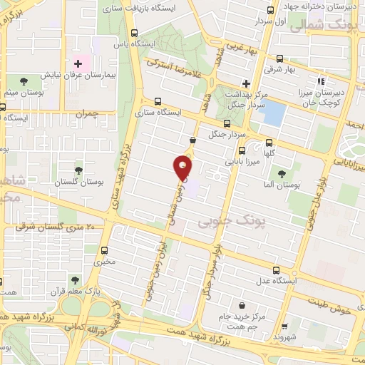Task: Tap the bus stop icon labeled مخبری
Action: pyautogui.click(x=105, y=250)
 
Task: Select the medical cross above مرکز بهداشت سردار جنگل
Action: pyautogui.click(x=246, y=83)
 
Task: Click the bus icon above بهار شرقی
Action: pyautogui.click(x=279, y=58)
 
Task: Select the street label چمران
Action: pyautogui.click(x=85, y=113)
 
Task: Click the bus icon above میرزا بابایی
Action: pyautogui.click(x=242, y=150)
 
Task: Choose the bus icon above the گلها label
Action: pyautogui.click(x=269, y=142)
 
